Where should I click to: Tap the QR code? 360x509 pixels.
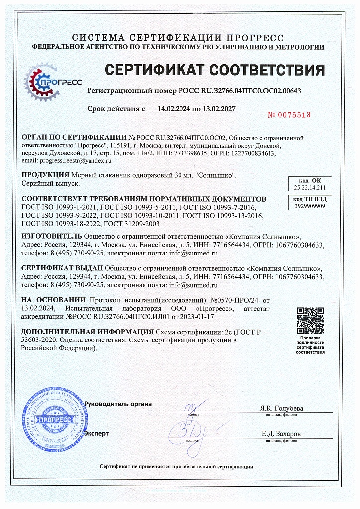[310, 321]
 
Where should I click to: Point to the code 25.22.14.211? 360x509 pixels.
[309, 188]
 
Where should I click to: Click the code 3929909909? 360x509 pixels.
[310, 205]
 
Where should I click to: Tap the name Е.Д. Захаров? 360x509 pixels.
[281, 434]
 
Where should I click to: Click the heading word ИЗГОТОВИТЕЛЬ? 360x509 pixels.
[52, 236]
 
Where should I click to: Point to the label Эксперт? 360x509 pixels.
[96, 433]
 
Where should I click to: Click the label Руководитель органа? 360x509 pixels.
[118, 404]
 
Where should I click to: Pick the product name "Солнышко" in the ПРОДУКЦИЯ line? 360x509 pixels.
[217, 175]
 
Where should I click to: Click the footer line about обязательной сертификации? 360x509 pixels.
[177, 467]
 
